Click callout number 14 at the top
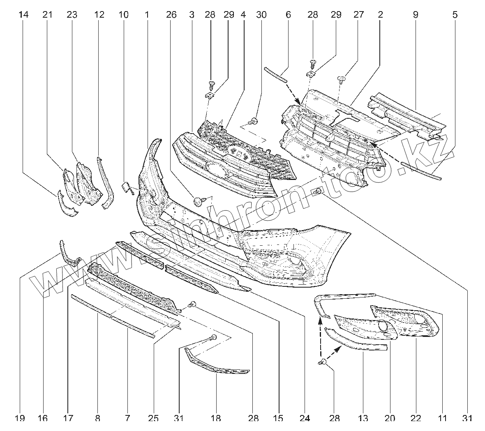coord(23,15)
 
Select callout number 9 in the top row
coord(415,15)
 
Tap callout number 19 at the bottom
coord(20,418)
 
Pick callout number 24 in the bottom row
coord(304,418)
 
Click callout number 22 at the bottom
coord(416,418)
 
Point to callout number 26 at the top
coord(171,15)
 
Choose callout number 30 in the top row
coord(261,15)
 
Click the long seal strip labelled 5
coord(421,171)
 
